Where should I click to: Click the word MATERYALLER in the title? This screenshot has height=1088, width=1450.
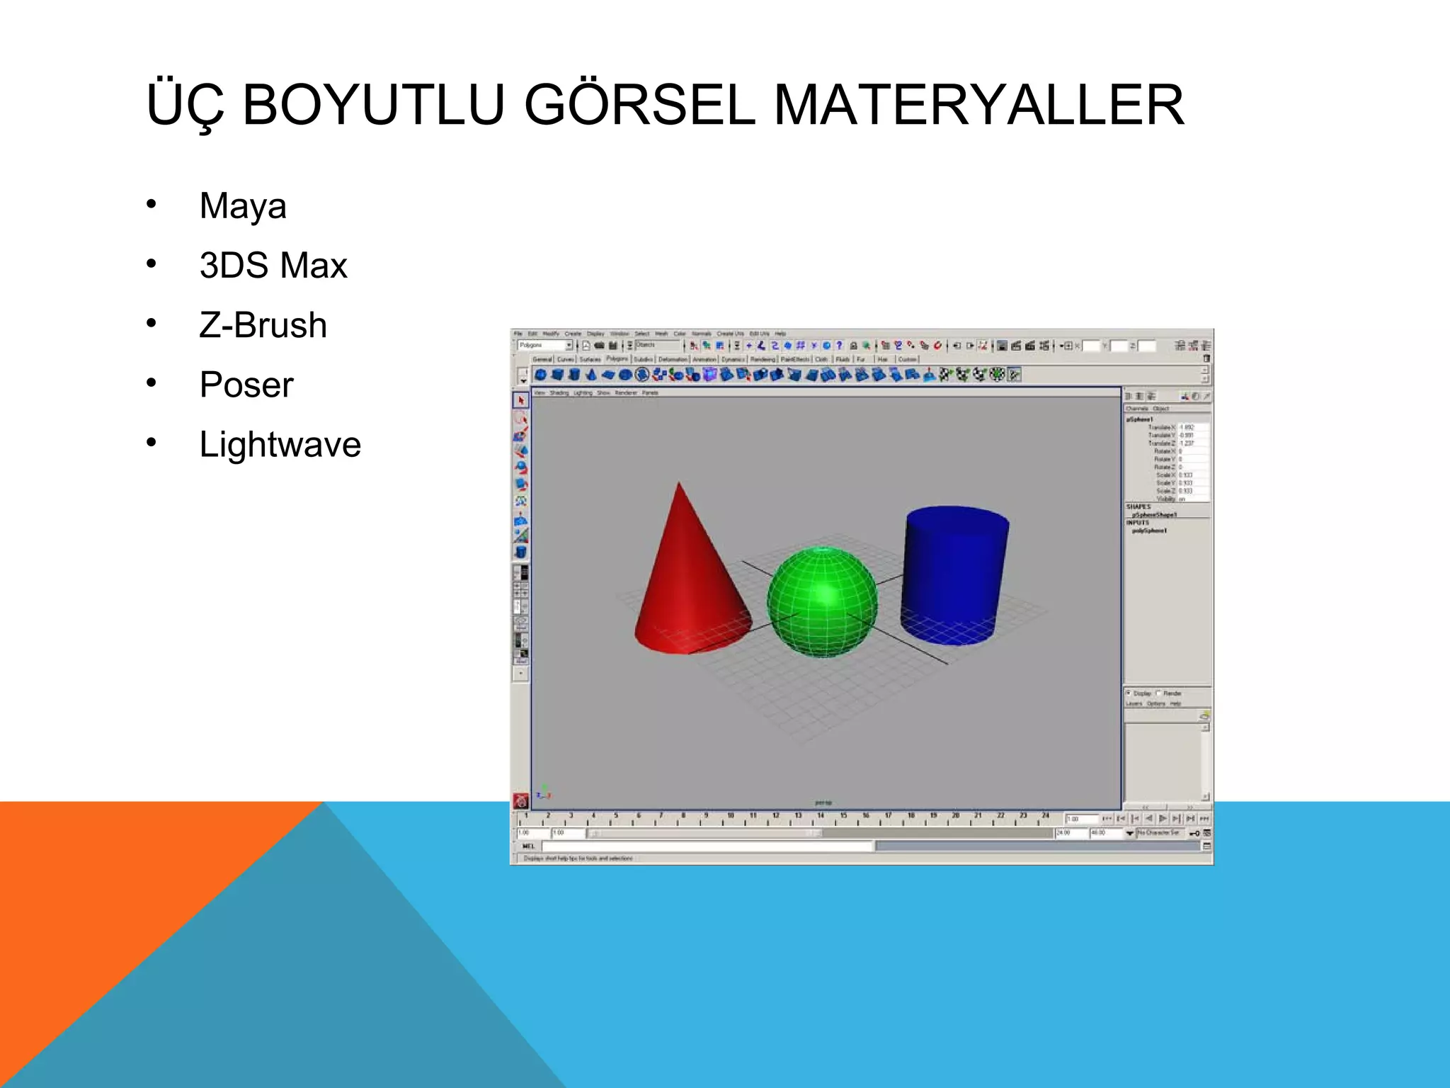[978, 106]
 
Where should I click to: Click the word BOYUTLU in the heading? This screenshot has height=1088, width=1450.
[373, 106]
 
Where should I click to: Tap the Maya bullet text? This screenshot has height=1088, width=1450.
[243, 206]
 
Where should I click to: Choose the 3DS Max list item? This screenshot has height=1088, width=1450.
[273, 266]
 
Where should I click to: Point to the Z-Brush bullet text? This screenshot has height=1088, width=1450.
[263, 325]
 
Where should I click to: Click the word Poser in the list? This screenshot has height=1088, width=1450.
[246, 385]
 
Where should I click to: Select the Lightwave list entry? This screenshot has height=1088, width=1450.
[280, 445]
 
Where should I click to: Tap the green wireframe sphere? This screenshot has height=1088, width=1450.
[822, 602]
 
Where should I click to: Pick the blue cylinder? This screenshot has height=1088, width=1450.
[952, 581]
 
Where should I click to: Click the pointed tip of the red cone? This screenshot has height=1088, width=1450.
[679, 484]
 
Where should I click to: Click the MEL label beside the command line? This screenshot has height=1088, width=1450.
[528, 846]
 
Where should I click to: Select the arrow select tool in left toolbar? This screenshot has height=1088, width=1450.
[521, 400]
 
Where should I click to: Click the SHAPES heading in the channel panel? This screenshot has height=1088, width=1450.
[1138, 506]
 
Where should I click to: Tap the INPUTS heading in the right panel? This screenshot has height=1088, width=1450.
[1137, 523]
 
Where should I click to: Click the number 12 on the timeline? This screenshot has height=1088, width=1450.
[776, 816]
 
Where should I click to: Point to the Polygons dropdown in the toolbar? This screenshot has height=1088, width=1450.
[544, 345]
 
